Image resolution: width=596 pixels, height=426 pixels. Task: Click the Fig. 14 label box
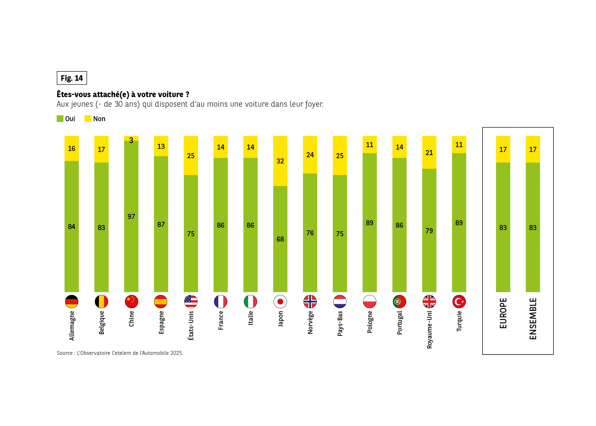(72, 78)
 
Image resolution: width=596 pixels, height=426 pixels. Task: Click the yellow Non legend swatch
(87, 119)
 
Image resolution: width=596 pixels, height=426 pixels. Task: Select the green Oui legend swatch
(60, 119)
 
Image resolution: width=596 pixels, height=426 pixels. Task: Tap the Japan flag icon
(280, 301)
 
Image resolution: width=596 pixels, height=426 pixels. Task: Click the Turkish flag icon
(459, 301)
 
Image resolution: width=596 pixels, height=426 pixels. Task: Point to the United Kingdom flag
(429, 301)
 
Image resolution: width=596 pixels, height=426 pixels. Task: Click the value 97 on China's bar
(131, 216)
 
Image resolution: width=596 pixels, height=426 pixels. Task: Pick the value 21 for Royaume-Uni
(429, 153)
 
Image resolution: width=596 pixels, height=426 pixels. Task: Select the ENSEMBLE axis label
(533, 319)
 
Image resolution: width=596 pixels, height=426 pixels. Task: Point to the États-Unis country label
(191, 326)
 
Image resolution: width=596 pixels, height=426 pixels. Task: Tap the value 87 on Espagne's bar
(161, 225)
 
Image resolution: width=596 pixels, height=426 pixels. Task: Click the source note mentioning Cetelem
(120, 353)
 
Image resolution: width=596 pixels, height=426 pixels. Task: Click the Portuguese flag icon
(399, 301)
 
